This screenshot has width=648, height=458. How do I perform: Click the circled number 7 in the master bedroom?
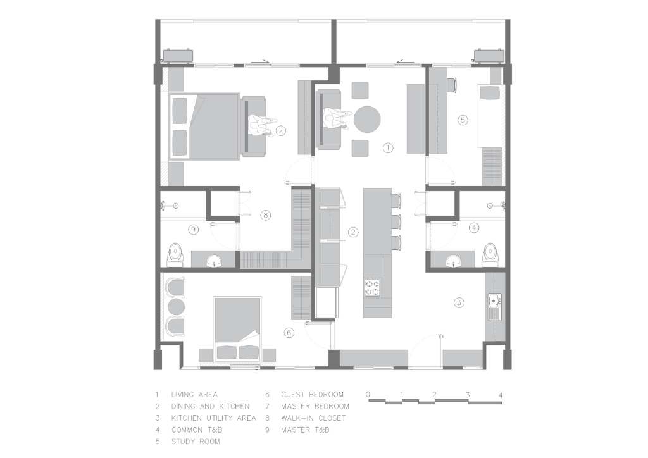point(280,131)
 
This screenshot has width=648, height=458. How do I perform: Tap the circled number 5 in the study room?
point(463,120)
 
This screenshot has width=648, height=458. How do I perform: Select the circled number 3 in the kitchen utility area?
point(459,303)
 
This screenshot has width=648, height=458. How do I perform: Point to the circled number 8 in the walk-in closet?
point(266,215)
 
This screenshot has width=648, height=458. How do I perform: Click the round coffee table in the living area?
point(367,120)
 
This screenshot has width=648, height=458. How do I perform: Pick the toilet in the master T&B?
point(175,255)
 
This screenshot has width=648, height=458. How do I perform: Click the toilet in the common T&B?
point(490,255)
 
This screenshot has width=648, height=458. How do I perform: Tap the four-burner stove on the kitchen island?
point(372,288)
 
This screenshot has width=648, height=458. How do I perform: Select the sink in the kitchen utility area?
point(494,301)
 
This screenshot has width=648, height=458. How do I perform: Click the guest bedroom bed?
point(237,328)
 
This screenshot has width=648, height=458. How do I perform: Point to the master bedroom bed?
point(204,127)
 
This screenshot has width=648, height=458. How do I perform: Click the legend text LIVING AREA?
point(194,395)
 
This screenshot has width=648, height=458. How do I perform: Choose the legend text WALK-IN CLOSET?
point(313,418)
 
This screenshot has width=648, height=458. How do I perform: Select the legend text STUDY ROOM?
point(196,442)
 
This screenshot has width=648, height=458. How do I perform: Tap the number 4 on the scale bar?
point(501,395)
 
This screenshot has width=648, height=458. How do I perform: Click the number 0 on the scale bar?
point(368,395)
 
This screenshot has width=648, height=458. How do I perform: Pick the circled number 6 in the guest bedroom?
point(289,333)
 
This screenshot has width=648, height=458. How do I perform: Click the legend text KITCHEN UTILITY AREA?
point(214,418)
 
